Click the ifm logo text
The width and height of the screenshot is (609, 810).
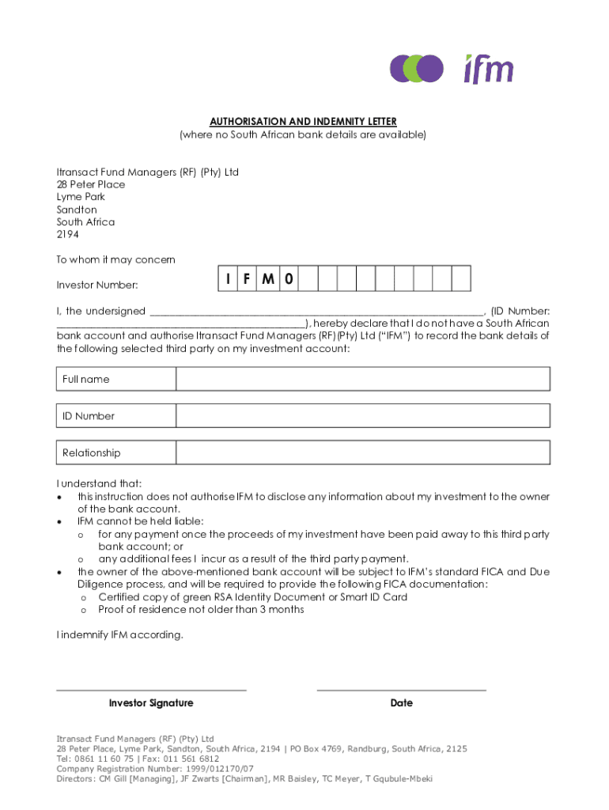(x=488, y=69)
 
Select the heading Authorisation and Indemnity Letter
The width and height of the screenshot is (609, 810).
(x=303, y=122)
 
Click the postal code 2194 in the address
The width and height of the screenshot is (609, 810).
(x=69, y=235)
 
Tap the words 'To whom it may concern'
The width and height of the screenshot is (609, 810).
(x=115, y=260)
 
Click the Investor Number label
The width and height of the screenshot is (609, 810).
(x=97, y=285)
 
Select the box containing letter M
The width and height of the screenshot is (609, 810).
(x=268, y=279)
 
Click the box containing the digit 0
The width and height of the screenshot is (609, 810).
(x=289, y=279)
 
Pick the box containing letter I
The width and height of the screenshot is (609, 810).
(x=228, y=279)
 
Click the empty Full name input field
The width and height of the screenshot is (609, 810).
(x=362, y=379)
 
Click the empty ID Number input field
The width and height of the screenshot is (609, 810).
(x=362, y=416)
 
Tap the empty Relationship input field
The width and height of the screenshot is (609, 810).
(x=362, y=453)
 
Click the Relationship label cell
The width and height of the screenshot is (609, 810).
(x=115, y=453)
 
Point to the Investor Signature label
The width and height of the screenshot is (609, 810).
(x=151, y=703)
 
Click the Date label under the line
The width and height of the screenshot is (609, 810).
(x=401, y=703)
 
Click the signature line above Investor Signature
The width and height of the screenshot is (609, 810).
(x=151, y=690)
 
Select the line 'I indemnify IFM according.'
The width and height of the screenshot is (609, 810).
(x=119, y=634)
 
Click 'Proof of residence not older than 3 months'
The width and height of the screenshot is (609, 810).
(x=201, y=610)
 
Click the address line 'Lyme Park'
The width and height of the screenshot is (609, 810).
(x=81, y=197)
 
